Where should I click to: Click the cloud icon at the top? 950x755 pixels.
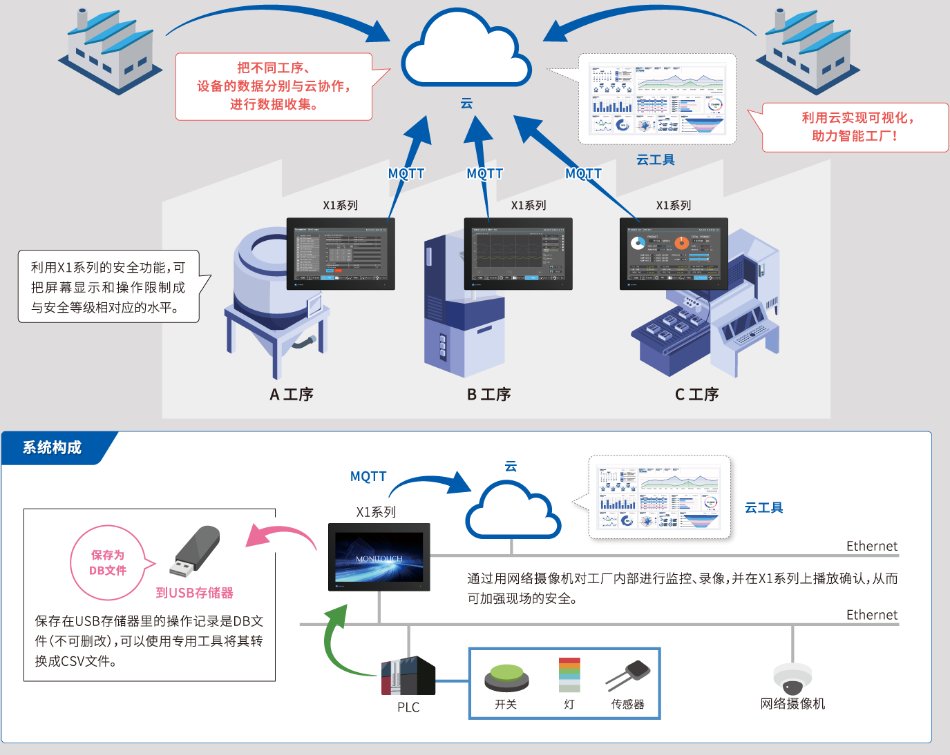[x=466, y=52]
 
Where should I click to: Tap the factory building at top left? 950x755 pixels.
[x=111, y=52]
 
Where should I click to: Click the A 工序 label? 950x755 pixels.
[x=291, y=395]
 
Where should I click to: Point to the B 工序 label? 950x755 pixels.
[x=488, y=395]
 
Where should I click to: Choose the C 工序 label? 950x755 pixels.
[x=696, y=395]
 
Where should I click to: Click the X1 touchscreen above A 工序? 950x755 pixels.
[x=341, y=253]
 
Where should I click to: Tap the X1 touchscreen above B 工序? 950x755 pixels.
[x=518, y=253]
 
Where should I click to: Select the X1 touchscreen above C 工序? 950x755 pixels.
[x=674, y=253]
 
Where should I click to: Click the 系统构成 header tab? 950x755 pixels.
[x=53, y=448]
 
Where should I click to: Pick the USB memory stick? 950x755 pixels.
[x=196, y=551]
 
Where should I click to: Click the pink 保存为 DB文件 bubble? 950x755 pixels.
[x=108, y=563]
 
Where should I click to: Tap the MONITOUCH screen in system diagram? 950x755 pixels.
[x=379, y=557]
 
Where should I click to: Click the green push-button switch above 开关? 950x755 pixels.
[x=506, y=677]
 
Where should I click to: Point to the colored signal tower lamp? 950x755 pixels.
[x=569, y=674]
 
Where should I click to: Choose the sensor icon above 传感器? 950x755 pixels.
[x=629, y=674]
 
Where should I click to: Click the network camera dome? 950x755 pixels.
[x=792, y=678]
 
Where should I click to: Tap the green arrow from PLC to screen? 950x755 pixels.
[x=336, y=642]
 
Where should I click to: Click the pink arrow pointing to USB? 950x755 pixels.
[x=280, y=536]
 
